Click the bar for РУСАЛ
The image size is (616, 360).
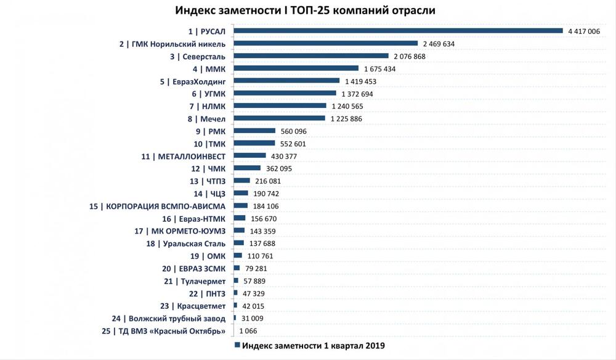398,31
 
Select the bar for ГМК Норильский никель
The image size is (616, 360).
326,44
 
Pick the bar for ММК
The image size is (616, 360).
296,68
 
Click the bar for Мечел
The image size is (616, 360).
280,118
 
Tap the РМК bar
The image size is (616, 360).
254,131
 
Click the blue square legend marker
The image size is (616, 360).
237,346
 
